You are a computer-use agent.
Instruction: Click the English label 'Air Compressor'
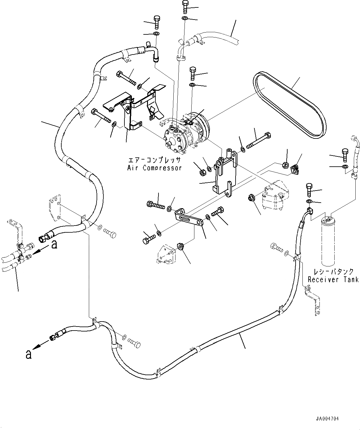coord(154,168)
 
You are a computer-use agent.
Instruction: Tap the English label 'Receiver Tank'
coord(333,279)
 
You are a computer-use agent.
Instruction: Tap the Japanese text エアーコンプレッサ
coord(154,160)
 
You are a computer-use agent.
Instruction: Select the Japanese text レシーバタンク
coord(333,272)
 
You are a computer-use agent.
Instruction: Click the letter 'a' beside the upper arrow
coord(54,244)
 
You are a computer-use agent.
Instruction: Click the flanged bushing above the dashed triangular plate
coord(180,246)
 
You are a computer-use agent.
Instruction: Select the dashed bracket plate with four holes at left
coord(55,208)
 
